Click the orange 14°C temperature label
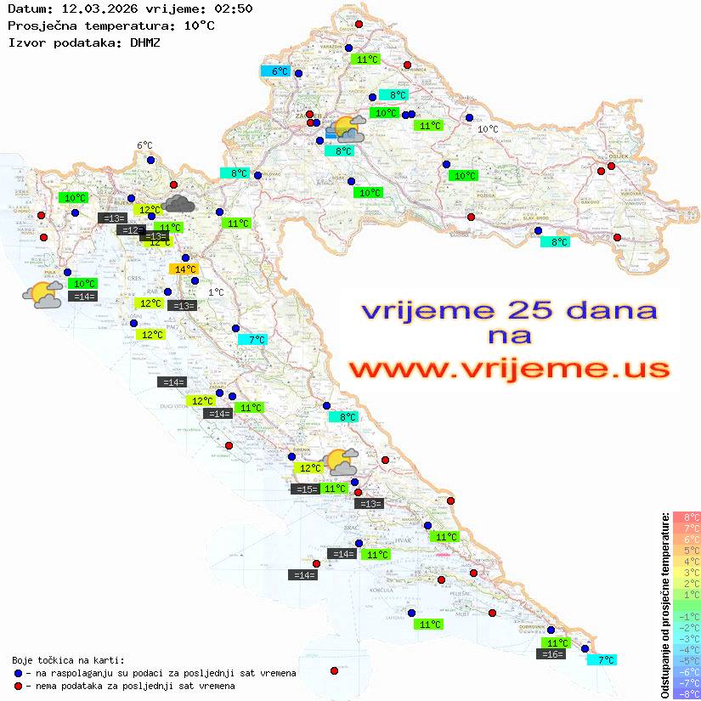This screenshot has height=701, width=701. tap(184, 269)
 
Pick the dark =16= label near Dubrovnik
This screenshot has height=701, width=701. tap(552, 654)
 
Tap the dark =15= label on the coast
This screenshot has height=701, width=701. tap(305, 489)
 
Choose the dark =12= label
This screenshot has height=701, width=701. tap(131, 230)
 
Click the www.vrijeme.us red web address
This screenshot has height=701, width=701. tap(509, 369)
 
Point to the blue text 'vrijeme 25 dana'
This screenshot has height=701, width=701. tap(509, 310)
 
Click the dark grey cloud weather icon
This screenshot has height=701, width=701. tap(178, 203)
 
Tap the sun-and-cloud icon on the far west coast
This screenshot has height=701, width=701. tap(42, 295)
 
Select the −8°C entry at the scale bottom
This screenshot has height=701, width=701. tap(686, 693)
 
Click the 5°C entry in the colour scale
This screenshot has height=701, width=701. tap(686, 550)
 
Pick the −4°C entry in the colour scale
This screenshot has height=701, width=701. tap(686, 649)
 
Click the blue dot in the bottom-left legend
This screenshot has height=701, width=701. tap(18, 673)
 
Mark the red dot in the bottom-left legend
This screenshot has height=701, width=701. tap(18, 686)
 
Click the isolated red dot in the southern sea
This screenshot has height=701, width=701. tap(334, 670)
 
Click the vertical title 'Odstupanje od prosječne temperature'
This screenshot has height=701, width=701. tap(664, 605)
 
